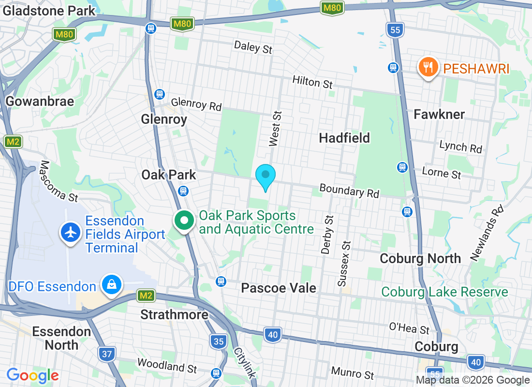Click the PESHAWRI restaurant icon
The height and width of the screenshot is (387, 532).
click(x=428, y=68)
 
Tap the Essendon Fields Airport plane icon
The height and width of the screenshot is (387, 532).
click(x=71, y=233)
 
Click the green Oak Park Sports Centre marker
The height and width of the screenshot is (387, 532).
click(x=184, y=221)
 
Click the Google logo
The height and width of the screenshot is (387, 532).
click(x=32, y=375)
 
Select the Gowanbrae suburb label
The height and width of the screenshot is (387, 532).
click(x=40, y=101)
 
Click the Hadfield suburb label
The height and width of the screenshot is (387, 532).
click(x=344, y=138)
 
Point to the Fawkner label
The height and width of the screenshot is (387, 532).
click(x=439, y=114)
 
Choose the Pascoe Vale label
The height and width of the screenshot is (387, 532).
click(x=279, y=288)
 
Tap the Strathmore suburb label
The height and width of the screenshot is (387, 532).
click(x=174, y=315)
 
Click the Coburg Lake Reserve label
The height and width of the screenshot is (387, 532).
click(x=444, y=292)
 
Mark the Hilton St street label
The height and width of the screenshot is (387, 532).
click(x=312, y=82)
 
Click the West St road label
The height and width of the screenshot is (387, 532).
click(x=275, y=128)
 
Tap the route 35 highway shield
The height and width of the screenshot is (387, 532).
click(x=219, y=342)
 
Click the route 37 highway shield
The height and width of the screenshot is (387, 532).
click(x=107, y=354)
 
